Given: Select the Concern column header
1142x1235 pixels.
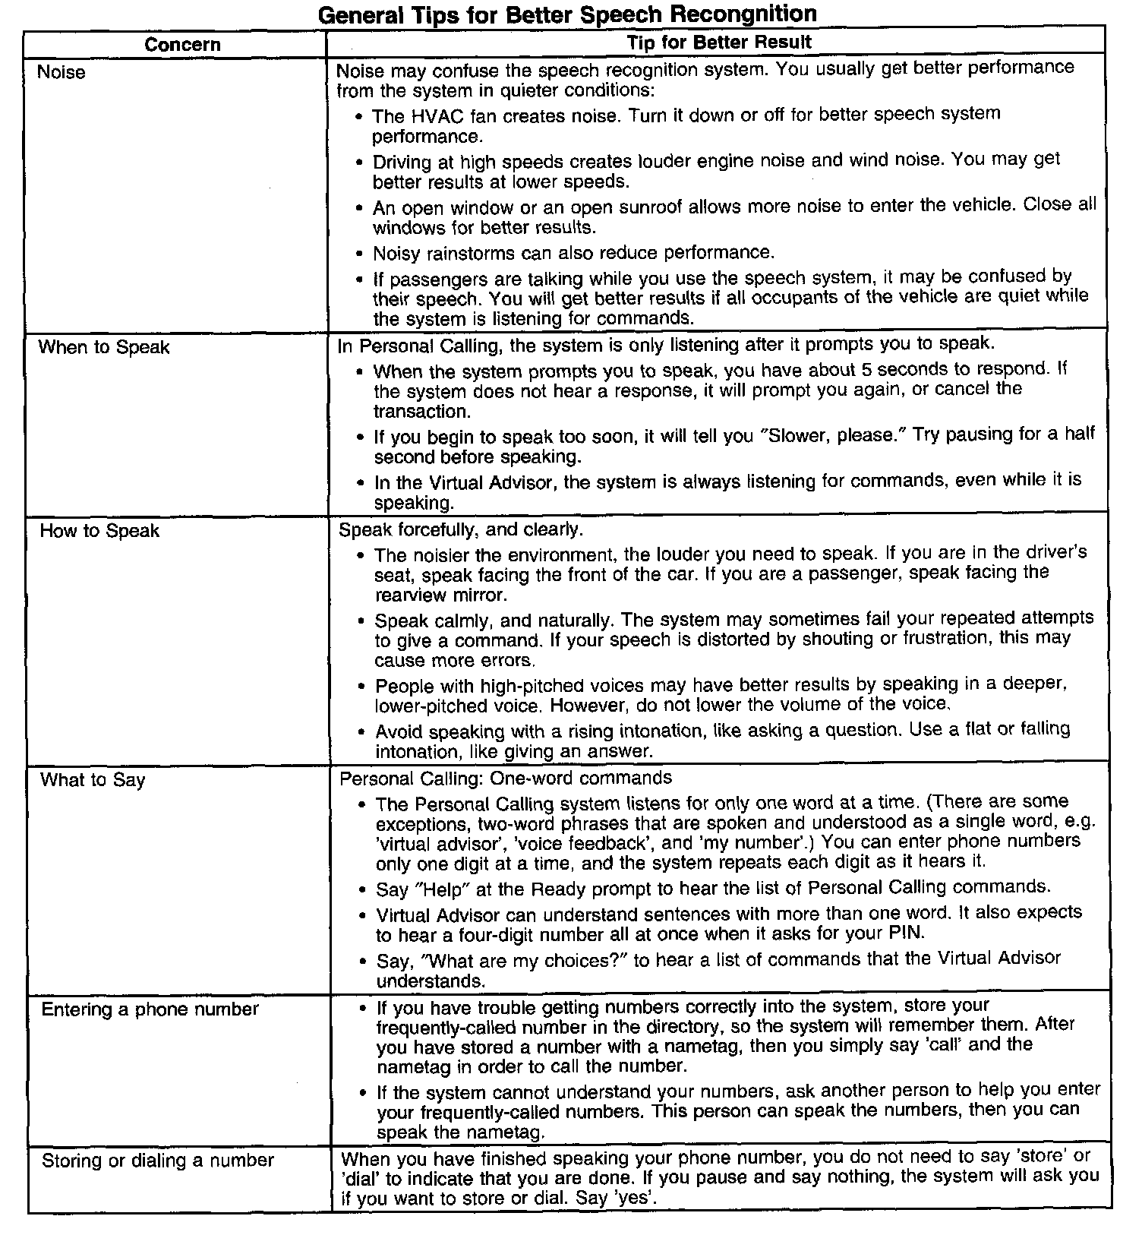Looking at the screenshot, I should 182,45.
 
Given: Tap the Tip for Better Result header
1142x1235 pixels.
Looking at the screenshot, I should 718,43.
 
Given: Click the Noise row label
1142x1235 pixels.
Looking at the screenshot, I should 62,72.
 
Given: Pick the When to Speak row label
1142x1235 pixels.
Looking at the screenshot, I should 104,348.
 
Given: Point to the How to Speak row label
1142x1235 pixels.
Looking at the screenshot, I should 99,531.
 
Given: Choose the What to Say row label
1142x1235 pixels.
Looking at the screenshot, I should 92,781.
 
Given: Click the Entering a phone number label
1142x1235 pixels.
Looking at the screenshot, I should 150,1009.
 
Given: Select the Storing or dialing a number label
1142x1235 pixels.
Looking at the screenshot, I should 158,1161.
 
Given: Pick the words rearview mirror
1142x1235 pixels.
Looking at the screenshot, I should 440,595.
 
